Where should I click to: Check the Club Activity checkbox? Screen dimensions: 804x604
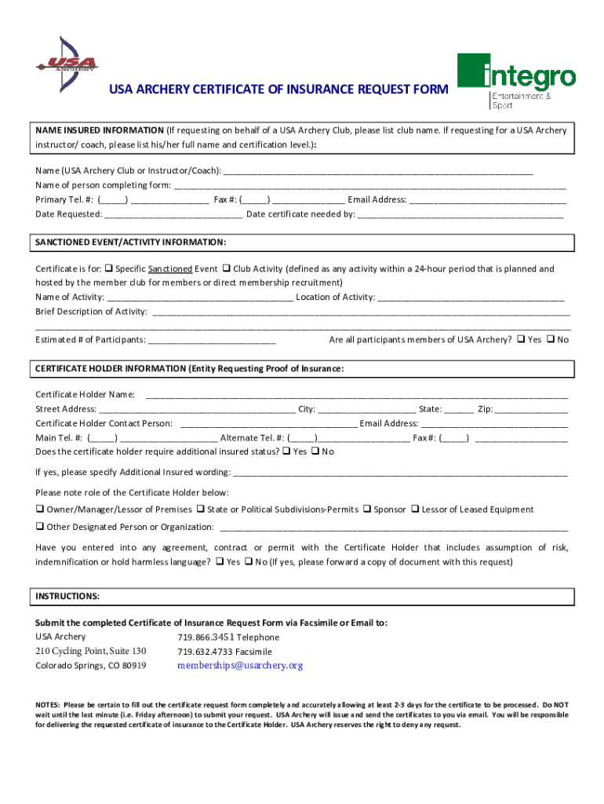tap(227, 269)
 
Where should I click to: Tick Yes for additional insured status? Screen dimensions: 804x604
tap(286, 451)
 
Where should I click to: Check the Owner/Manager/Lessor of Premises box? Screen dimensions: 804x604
tap(39, 510)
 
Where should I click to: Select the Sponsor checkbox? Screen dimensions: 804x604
tap(366, 510)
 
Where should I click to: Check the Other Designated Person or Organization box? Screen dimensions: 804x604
tap(39, 527)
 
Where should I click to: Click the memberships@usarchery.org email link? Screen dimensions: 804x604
tap(240, 666)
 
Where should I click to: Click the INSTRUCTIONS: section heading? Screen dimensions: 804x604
tap(67, 597)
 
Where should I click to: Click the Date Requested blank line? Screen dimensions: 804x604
tap(173, 214)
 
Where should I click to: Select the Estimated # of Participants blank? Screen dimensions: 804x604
tap(212, 340)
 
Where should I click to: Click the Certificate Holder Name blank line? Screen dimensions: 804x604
tap(357, 394)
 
